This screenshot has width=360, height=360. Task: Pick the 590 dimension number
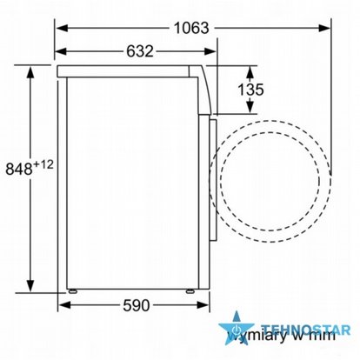(133, 305)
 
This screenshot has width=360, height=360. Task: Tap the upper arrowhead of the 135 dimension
(253, 70)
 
